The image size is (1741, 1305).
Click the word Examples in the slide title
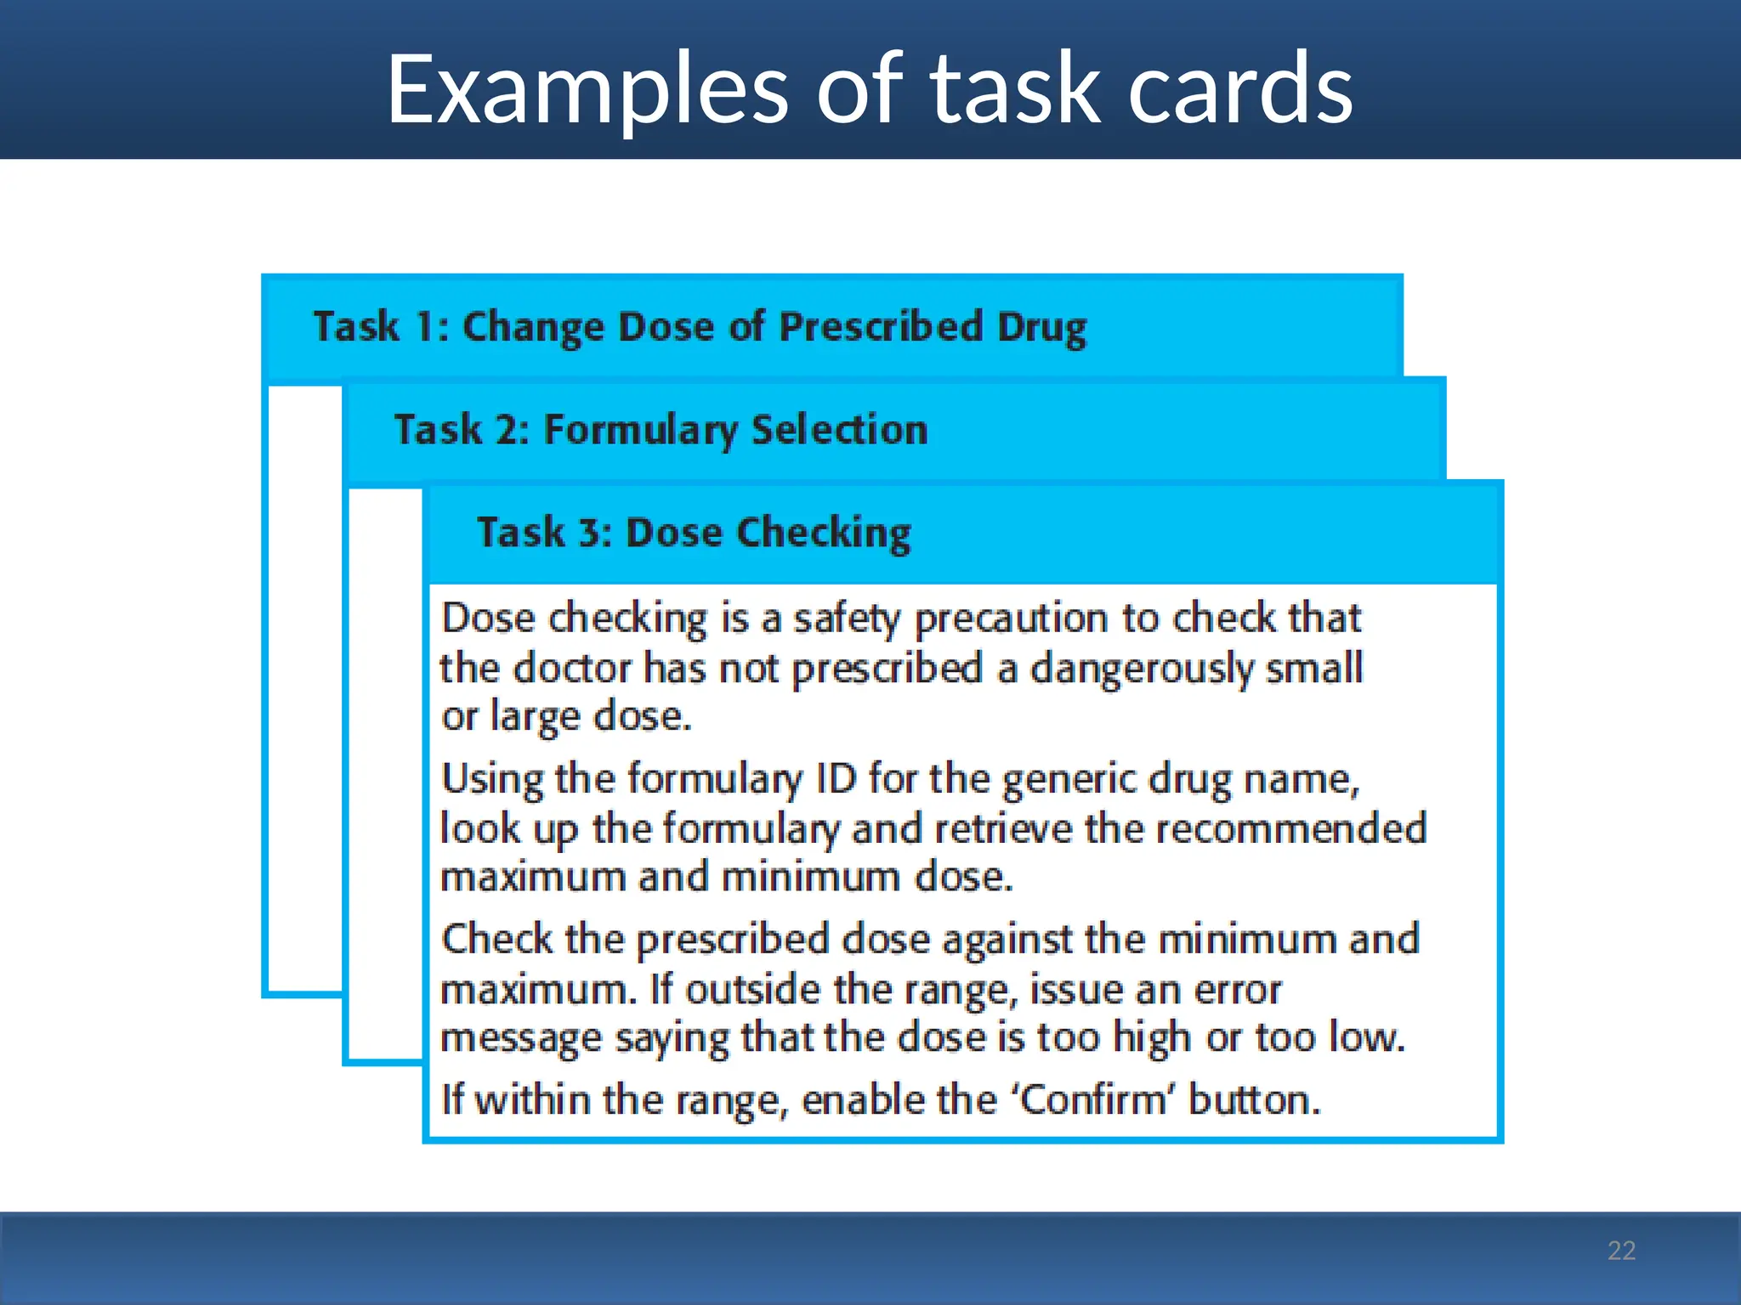[587, 89]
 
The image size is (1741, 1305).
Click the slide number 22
[1621, 1250]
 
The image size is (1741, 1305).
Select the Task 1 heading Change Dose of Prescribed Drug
[699, 327]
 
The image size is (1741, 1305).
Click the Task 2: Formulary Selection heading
[661, 430]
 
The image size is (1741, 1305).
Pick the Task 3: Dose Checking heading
[694, 533]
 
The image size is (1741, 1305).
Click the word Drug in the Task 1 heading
[1041, 327]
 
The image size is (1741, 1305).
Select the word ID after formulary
[835, 778]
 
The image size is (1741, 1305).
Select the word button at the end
[1254, 1100]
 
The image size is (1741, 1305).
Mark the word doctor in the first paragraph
[573, 669]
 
